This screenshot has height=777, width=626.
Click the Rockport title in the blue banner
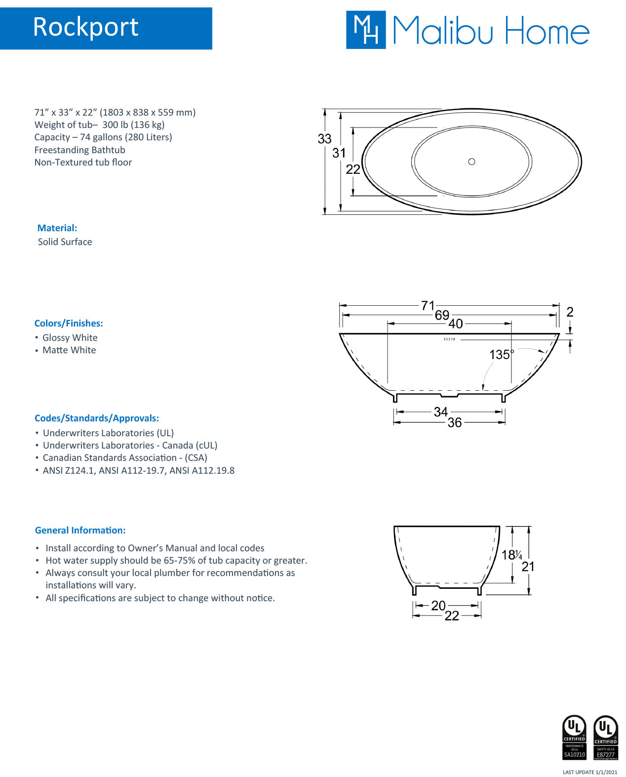pos(85,27)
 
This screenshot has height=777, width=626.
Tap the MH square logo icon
pos(365,30)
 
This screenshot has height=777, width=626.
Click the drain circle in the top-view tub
pos(471,162)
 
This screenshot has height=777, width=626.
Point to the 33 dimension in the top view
pos(324,139)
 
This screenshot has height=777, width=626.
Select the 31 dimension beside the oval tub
pos(339,153)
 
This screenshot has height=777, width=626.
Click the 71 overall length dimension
pos(428,306)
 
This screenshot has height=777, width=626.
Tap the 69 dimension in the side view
pos(442,315)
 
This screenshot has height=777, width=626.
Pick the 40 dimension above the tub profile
pos(455,324)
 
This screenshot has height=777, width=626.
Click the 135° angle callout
pos(501,355)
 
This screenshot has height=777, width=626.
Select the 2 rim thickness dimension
pos(570,312)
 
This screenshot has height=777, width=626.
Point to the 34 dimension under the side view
pos(440,411)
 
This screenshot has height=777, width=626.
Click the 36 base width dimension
pos(454,422)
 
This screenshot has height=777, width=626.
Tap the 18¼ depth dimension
pos(511,555)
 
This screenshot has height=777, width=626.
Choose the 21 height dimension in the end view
pos(528,567)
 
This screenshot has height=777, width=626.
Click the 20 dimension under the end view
pos(438,606)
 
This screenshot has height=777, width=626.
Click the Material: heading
pos(57,228)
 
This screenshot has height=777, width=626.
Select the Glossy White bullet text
pos(70,338)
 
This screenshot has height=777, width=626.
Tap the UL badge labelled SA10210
pos(574,737)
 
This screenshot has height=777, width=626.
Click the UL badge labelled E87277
pos(605,737)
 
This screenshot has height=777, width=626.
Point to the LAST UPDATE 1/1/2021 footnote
pos(589,772)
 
